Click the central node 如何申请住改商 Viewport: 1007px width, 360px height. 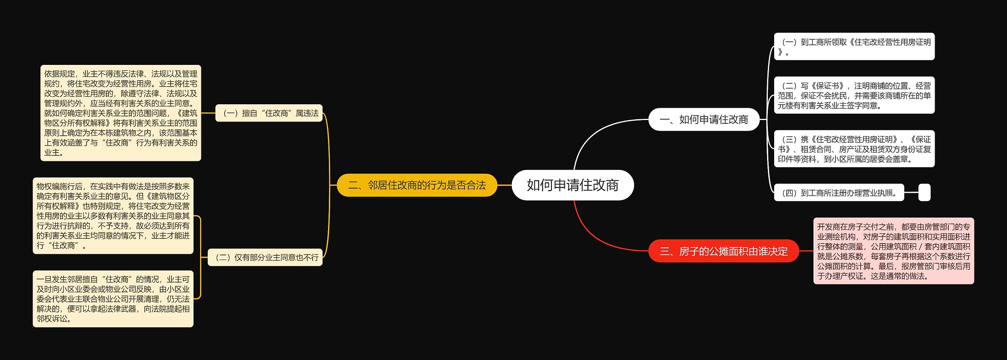tap(572, 185)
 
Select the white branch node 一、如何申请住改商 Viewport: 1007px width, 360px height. tap(704, 119)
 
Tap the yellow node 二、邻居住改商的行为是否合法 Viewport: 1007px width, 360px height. tap(417, 185)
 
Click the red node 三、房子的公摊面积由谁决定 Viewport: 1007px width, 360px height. tap(723, 251)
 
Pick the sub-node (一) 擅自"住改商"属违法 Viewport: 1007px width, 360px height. tap(269, 113)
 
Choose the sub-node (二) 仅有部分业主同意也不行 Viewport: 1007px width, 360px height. tap(265, 257)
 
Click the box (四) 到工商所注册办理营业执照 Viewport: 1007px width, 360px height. tap(839, 193)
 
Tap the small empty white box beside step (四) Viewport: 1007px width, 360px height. tap(924, 193)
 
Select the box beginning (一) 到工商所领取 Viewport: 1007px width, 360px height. tap(854, 46)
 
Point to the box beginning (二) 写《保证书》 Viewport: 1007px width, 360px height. tap(854, 95)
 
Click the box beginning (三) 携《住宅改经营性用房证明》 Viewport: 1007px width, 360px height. tap(854, 149)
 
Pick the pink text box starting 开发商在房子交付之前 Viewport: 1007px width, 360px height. tap(893, 251)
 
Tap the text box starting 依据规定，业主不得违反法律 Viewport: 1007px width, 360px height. tap(121, 113)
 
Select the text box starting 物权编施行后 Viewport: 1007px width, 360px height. tap(113, 216)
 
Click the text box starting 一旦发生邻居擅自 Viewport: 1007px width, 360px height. tap(113, 299)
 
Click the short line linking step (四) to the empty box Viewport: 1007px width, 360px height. tap(911, 193)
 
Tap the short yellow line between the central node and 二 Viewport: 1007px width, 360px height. tap(504, 185)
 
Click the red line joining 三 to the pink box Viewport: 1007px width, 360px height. tap(806, 251)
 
